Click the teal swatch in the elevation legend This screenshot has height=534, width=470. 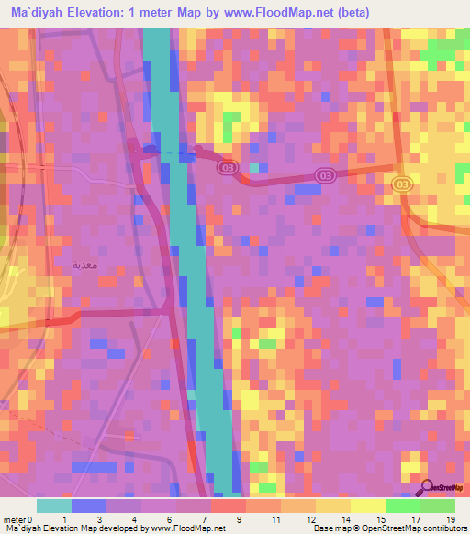tap(53, 505)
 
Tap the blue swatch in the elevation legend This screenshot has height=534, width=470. tap(88, 505)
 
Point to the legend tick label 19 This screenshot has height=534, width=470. tap(451, 518)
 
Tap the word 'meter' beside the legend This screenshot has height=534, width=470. tap(13, 518)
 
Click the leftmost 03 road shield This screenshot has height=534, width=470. tap(227, 169)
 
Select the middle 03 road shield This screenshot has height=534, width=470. tap(324, 174)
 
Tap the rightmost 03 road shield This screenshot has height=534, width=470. tap(401, 184)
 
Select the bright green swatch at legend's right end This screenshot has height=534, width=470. tap(437, 505)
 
